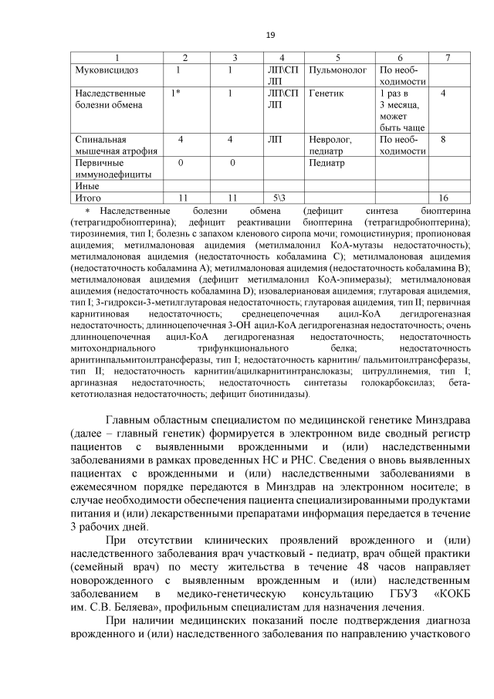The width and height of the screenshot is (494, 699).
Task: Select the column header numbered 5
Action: coord(337,59)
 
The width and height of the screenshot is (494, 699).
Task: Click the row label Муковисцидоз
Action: coord(105,70)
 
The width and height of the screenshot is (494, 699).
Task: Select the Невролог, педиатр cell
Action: coord(331,145)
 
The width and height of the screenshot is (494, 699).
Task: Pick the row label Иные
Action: coord(86,186)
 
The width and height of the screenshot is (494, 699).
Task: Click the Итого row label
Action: coord(88,198)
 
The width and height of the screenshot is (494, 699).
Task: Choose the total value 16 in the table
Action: coord(443,198)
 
